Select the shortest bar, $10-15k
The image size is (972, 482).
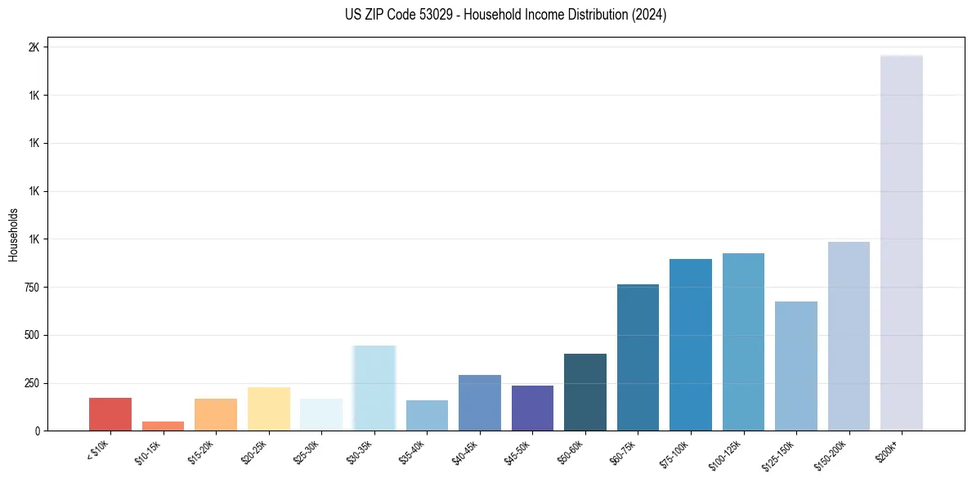click(163, 426)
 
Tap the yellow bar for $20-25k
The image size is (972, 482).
click(268, 408)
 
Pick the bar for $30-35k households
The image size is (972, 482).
click(374, 388)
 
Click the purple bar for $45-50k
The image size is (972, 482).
click(532, 408)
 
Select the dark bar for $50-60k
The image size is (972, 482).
click(585, 392)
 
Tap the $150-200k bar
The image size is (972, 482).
click(849, 336)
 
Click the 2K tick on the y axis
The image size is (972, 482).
click(34, 47)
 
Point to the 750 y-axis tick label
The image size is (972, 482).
click(31, 288)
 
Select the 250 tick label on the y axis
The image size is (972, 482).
click(31, 383)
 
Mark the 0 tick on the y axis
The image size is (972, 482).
click(37, 431)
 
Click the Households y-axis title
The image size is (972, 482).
click(14, 234)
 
